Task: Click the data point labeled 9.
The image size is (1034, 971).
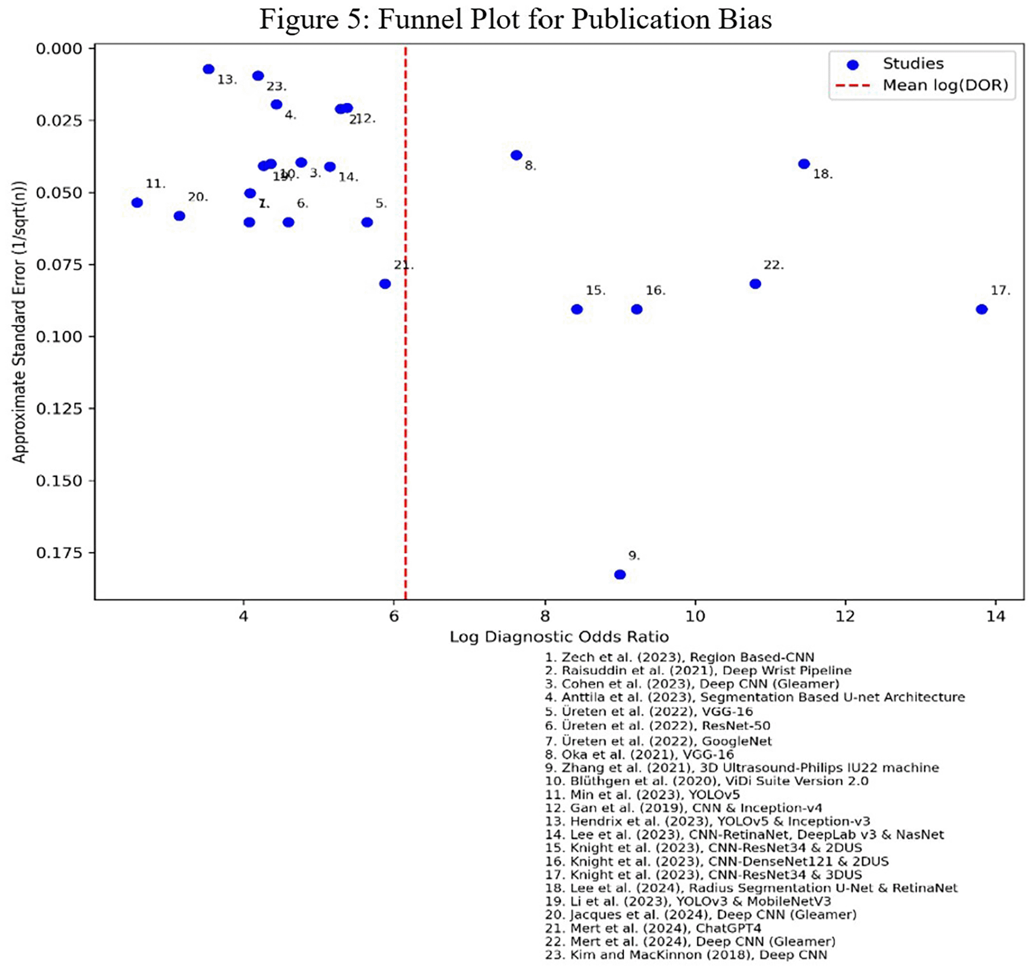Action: [x=619, y=574]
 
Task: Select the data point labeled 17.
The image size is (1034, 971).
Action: [x=981, y=309]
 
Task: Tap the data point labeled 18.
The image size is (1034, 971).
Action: [x=804, y=164]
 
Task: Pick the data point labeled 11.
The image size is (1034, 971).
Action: [x=137, y=202]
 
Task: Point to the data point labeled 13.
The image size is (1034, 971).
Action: [x=209, y=69]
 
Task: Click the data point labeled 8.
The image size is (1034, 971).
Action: [x=516, y=155]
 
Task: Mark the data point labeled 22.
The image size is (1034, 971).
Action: [x=755, y=284]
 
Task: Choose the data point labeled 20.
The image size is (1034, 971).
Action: [x=179, y=216]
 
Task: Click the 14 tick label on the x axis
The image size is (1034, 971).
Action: [x=996, y=617]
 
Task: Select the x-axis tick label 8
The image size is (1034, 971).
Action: [x=545, y=617]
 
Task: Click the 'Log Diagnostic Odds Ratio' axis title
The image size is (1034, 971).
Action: [x=559, y=637]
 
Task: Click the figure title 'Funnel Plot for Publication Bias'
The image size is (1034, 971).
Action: [x=515, y=19]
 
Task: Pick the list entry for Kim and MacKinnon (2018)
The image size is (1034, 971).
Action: [x=686, y=955]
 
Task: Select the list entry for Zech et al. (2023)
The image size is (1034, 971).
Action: [x=679, y=657]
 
